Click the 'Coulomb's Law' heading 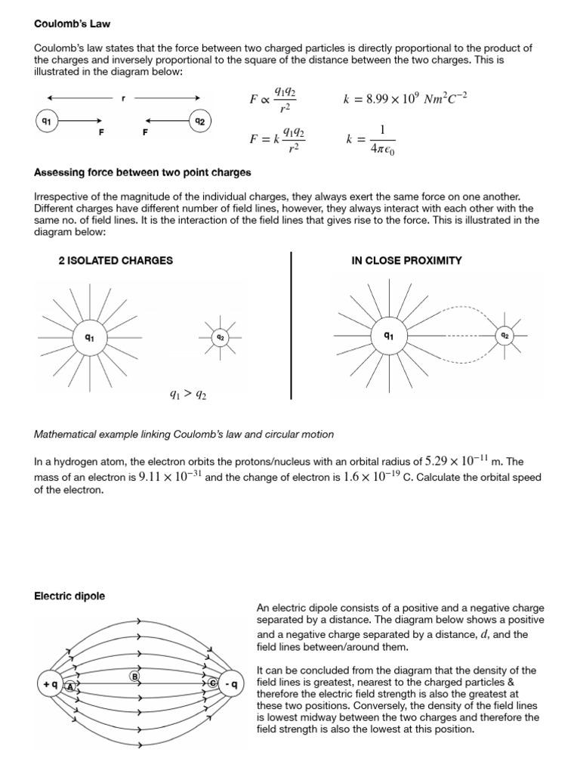pyautogui.click(x=72, y=23)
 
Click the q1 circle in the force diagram pyautogui.click(x=46, y=120)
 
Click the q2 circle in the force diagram pyautogui.click(x=199, y=120)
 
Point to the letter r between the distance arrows pyautogui.click(x=123, y=98)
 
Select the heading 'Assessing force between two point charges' pyautogui.click(x=143, y=172)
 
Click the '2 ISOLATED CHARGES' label pyautogui.click(x=116, y=260)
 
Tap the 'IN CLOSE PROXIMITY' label pyautogui.click(x=406, y=260)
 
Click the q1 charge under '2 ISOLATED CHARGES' pyautogui.click(x=89, y=337)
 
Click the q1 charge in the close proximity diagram pyautogui.click(x=388, y=334)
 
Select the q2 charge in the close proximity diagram pyautogui.click(x=504, y=334)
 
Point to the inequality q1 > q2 pyautogui.click(x=187, y=393)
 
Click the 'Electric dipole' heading pyautogui.click(x=69, y=596)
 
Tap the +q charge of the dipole pyautogui.click(x=50, y=685)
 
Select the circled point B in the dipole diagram pyautogui.click(x=135, y=676)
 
